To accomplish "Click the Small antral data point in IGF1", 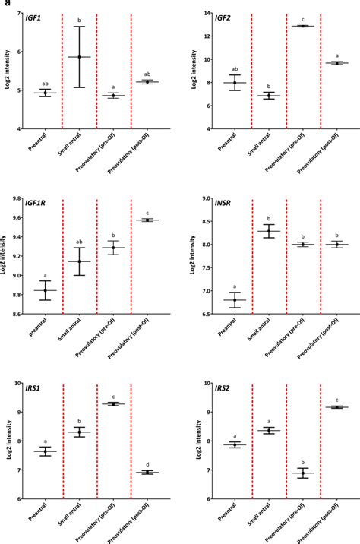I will [x=79, y=57].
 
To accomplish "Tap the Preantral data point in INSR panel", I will [x=236, y=300].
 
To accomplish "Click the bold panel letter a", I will [x=4, y=4].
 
